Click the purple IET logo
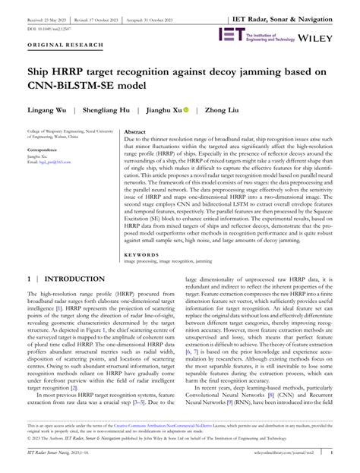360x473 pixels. (229, 34)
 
